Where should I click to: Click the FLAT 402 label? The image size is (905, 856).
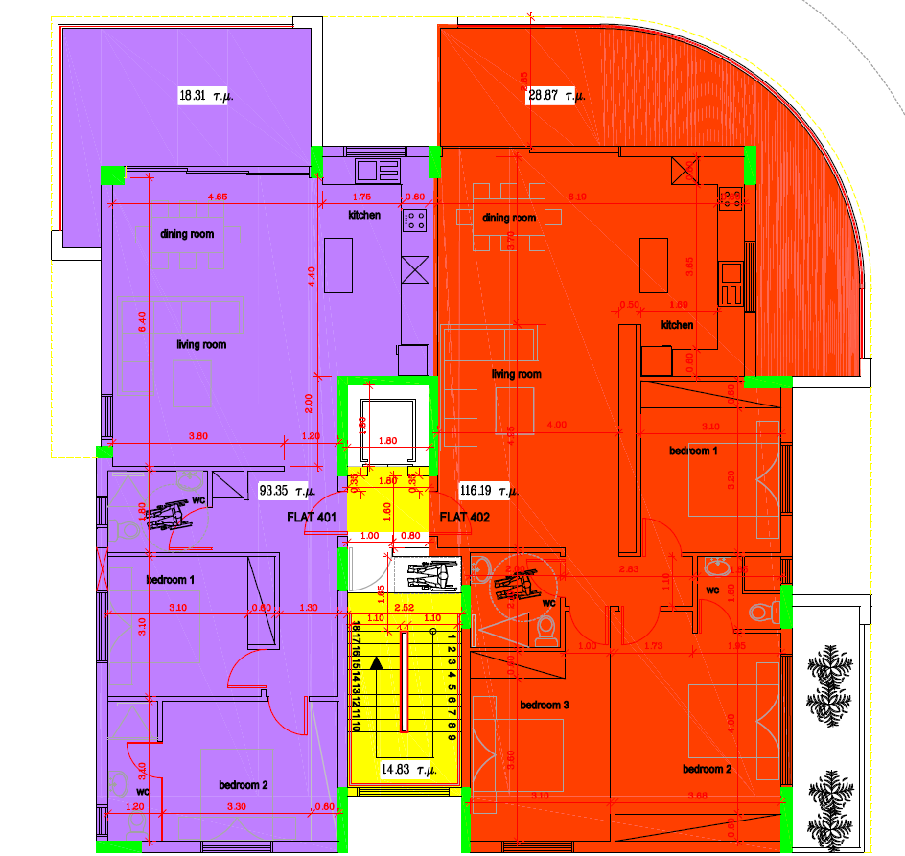tap(465, 518)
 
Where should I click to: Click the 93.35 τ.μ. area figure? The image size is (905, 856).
tap(288, 491)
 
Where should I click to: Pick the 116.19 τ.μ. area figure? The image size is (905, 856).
tap(489, 491)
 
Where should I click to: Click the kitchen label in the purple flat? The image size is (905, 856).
tap(364, 215)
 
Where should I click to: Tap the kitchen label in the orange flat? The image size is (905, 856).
tap(677, 325)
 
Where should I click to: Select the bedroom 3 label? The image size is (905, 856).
tap(545, 706)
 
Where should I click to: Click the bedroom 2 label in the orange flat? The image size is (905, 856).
tap(708, 769)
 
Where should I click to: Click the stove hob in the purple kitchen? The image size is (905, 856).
tap(415, 220)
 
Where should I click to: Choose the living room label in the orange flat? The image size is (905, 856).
tap(516, 374)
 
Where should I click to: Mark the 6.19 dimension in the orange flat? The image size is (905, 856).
tap(575, 197)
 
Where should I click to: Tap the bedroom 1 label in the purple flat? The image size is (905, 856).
tap(171, 580)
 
